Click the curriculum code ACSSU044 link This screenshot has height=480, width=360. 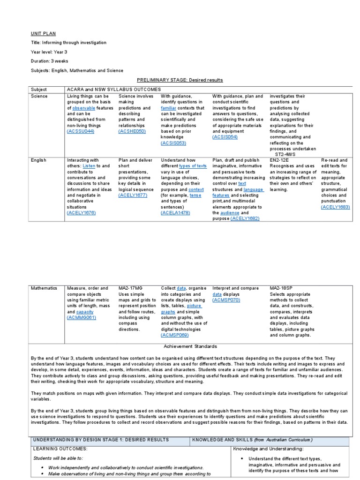81,132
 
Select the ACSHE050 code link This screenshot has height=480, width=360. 132,132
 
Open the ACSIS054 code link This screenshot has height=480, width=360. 225,137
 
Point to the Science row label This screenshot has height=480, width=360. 39,96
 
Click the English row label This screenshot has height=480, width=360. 38,160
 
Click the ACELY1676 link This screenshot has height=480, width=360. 82,213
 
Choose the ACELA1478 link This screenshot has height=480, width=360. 176,213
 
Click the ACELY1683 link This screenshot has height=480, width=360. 336,207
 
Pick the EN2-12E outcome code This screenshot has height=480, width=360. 279,160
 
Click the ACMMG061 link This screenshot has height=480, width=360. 82,317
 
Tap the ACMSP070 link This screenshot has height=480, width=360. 226,300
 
